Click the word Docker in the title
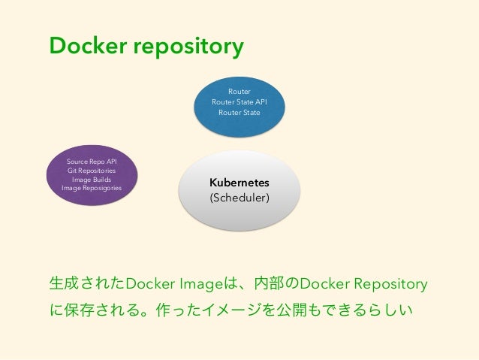point(88,45)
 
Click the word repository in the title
point(188,47)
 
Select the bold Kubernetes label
point(239,183)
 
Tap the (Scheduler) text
point(239,198)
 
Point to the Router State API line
point(239,102)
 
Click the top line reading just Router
point(239,92)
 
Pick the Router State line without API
point(239,112)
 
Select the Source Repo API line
point(92,162)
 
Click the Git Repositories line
point(92,171)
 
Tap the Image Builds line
point(92,179)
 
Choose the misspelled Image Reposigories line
point(92,188)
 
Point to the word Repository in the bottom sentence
point(390,284)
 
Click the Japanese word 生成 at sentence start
point(64,283)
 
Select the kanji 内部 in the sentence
point(269,283)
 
